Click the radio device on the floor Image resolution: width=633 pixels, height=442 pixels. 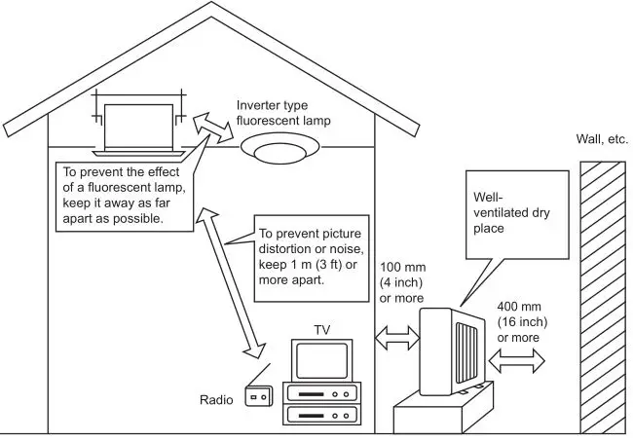click(258, 396)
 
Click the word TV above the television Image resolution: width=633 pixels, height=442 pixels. click(321, 330)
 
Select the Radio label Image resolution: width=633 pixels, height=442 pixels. click(216, 399)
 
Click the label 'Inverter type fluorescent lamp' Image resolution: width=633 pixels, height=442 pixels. click(283, 113)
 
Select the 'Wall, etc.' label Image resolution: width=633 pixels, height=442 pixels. click(602, 139)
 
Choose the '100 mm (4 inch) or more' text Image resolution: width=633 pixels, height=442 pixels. click(400, 283)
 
